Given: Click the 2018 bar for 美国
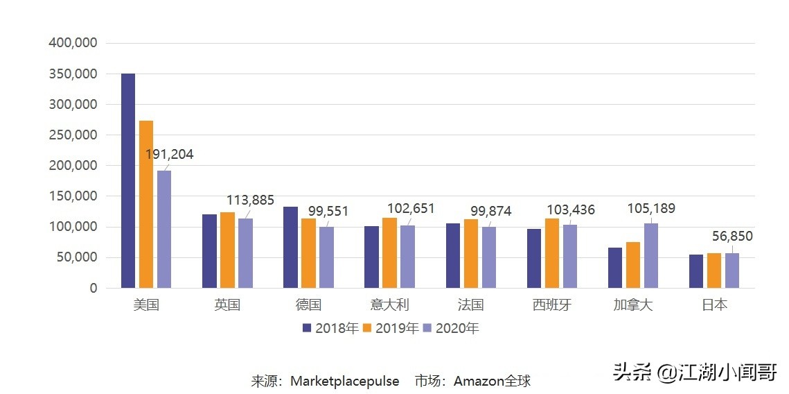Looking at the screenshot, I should (128, 180).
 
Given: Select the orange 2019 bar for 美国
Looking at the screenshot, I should (146, 204).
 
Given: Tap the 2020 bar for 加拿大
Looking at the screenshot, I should (651, 255).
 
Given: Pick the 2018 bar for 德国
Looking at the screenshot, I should (290, 247).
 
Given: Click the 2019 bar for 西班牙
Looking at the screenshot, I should (551, 252).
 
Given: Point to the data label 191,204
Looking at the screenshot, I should (170, 155).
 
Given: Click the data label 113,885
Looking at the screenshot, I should (250, 200).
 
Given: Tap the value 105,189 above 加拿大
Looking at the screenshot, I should (650, 209).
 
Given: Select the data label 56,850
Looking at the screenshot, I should (732, 237).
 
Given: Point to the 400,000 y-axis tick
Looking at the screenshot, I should (73, 43).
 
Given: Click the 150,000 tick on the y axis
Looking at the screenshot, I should (73, 196).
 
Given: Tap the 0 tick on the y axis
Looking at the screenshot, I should (93, 288).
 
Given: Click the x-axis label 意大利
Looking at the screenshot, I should (389, 305).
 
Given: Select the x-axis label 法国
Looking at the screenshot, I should (470, 305).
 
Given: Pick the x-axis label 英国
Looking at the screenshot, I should (227, 305).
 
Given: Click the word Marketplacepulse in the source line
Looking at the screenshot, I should (344, 381).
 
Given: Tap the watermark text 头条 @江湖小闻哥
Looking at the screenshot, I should (694, 372).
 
